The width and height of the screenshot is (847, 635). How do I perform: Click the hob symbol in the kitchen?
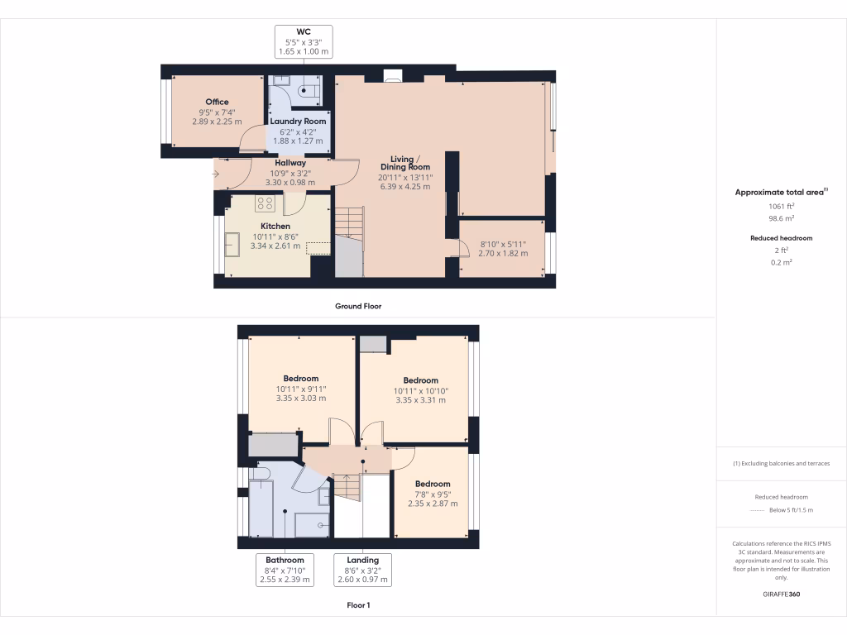click(265, 202)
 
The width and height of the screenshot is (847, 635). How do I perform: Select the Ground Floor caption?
click(357, 306)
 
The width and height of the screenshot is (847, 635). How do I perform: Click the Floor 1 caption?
click(357, 605)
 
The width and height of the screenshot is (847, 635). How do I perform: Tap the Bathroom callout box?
click(285, 570)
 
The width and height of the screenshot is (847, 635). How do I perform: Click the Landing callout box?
click(362, 570)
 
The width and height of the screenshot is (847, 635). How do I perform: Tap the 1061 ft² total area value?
click(782, 207)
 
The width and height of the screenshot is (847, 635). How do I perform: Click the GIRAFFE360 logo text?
click(782, 594)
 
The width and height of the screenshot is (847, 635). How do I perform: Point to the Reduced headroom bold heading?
click(782, 238)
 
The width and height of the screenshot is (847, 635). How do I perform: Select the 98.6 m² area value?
click(782, 218)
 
